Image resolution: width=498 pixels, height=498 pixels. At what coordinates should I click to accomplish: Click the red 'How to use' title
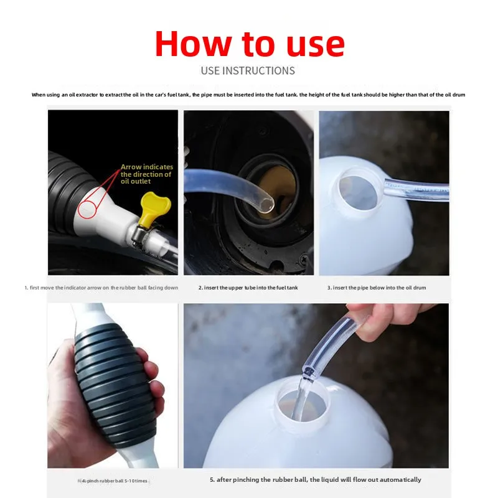pos(249,44)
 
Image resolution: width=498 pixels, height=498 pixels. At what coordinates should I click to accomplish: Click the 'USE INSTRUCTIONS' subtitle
pos(248,71)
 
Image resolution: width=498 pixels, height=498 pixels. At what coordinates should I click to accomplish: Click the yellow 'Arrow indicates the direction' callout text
pos(146,175)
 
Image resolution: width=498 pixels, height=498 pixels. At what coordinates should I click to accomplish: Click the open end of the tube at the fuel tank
pos(266,203)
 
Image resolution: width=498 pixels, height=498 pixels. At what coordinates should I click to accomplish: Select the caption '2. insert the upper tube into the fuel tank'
pos(248,288)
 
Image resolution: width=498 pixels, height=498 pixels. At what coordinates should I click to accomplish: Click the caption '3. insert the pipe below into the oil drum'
pos(377,288)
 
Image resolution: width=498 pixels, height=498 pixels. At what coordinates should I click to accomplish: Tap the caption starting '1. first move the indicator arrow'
pos(101,288)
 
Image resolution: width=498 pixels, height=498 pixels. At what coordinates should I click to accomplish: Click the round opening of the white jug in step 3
pos(357,191)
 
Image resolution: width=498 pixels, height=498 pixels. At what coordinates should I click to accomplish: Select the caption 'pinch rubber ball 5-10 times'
pos(115,481)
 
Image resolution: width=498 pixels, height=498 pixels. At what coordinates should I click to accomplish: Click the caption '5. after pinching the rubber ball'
pos(315,480)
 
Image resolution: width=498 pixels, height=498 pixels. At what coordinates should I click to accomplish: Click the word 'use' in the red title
pos(308,44)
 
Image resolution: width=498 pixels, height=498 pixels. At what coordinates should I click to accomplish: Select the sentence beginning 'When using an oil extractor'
pos(248,95)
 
